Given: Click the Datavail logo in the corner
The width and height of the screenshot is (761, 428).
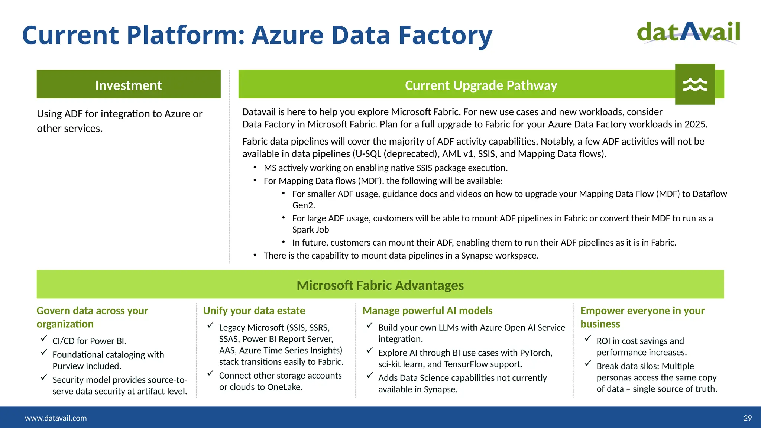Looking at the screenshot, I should pyautogui.click(x=688, y=33).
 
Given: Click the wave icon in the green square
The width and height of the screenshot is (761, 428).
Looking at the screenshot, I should pyautogui.click(x=695, y=84).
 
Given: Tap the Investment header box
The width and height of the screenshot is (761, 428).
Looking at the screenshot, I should pyautogui.click(x=129, y=84).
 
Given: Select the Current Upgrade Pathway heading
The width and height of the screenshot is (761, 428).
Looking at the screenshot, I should pyautogui.click(x=481, y=85).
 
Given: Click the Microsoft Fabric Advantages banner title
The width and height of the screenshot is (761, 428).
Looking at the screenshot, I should pyautogui.click(x=380, y=285).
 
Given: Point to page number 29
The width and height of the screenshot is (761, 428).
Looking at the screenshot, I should pyautogui.click(x=747, y=418).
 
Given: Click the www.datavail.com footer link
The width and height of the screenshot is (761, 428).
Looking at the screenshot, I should pyautogui.click(x=56, y=418).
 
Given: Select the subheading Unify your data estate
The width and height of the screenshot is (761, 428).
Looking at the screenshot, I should pyautogui.click(x=254, y=311).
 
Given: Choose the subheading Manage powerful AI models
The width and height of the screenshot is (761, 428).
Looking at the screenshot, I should pyautogui.click(x=427, y=311).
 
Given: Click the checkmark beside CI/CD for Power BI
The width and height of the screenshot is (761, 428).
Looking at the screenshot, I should pyautogui.click(x=44, y=338).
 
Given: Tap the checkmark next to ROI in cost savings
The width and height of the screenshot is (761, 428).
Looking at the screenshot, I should pyautogui.click(x=588, y=338).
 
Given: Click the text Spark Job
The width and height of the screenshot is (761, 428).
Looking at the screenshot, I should pyautogui.click(x=311, y=230).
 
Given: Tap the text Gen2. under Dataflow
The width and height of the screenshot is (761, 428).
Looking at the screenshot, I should pyautogui.click(x=304, y=205).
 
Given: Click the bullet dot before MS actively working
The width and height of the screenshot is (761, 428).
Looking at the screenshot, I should pyautogui.click(x=255, y=168).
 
